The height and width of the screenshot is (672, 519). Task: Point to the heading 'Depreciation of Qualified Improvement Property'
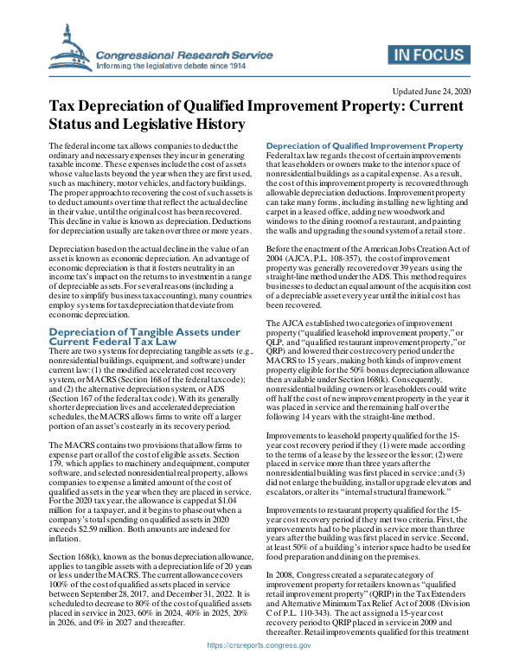[x=364, y=145]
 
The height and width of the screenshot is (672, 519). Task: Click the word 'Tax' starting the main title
[x=61, y=106]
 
